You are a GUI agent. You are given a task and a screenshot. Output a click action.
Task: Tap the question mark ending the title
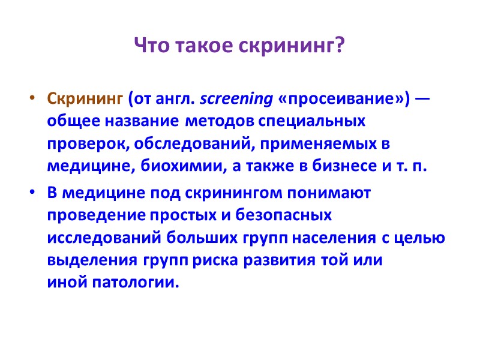[342, 44]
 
